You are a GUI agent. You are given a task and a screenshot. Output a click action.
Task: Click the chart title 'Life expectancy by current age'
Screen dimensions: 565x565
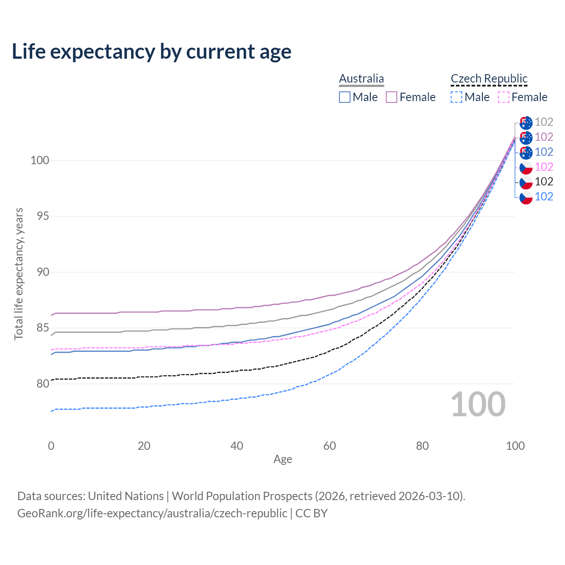point(151,52)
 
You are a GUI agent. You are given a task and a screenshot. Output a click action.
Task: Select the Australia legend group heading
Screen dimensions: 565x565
point(362,79)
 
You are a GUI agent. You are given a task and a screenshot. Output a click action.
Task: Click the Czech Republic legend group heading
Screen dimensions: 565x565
point(489,79)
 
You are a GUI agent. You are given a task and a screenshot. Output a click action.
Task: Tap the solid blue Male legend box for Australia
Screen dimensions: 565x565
point(345,97)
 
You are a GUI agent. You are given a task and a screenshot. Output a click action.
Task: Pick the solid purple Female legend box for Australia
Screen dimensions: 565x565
point(392,97)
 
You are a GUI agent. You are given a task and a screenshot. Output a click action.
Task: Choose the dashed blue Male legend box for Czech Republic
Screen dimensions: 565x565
point(456,97)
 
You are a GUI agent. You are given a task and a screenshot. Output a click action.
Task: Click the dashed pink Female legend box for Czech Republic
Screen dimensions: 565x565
point(504,97)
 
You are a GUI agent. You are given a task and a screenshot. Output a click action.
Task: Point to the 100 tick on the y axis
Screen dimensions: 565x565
point(39,160)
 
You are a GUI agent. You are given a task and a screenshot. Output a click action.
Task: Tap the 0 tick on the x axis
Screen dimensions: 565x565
point(51,446)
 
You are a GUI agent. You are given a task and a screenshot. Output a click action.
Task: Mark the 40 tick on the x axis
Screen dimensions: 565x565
point(237,446)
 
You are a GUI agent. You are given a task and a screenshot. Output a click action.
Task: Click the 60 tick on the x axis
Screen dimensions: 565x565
point(330,446)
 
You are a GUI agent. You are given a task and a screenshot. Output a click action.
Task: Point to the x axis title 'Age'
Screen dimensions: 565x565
point(282,460)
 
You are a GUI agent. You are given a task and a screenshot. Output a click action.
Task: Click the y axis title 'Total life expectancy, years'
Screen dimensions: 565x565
point(19,274)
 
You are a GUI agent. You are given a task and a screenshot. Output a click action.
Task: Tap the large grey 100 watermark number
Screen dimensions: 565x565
point(478,404)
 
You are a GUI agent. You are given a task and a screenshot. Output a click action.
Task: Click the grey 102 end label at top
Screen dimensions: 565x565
point(544,122)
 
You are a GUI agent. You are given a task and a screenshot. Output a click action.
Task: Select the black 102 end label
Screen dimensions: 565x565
point(544,181)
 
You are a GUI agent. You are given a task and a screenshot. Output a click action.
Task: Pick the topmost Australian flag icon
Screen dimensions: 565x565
point(526,123)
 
